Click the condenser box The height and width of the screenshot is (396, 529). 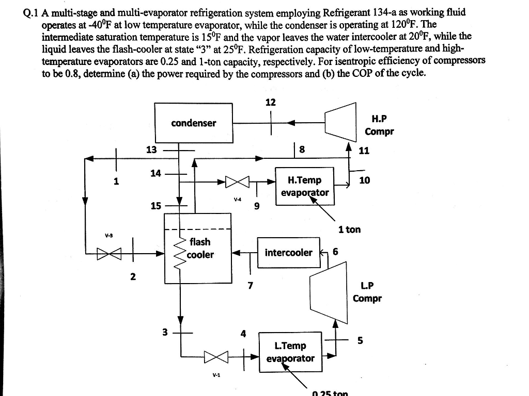(194, 123)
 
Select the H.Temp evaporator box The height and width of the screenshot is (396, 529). (304, 186)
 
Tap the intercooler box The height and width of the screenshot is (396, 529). (288, 252)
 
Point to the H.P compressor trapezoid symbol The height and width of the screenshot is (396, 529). (341, 122)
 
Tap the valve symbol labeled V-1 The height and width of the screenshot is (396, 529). (215, 356)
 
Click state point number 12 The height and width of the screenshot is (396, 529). (270, 102)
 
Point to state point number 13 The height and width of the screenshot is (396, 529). (151, 150)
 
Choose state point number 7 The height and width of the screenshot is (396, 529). (250, 285)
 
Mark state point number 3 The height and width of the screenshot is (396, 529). (165, 333)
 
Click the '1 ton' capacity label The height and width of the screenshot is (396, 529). (350, 229)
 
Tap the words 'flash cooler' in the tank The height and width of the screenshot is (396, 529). (200, 248)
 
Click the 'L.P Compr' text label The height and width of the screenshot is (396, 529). (367, 292)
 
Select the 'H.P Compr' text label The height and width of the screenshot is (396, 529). (379, 125)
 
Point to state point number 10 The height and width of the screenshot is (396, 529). (365, 180)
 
